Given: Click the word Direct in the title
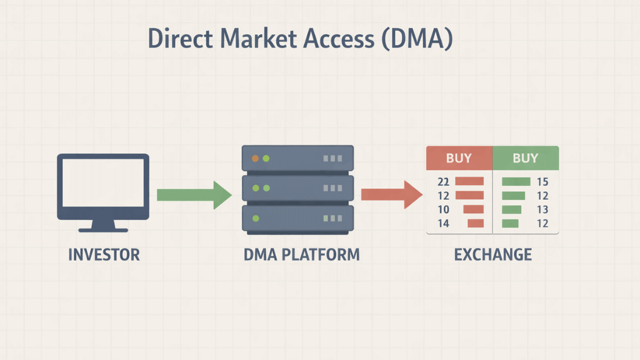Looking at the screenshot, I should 175,41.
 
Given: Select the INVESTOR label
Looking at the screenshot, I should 104,254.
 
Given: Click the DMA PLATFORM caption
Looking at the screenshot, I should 301,254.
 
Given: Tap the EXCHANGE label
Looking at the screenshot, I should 493,254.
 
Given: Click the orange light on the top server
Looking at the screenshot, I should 255,158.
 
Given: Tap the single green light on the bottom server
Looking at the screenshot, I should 255,218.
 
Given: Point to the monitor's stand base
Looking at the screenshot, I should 103,230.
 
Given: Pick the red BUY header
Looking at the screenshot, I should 459,158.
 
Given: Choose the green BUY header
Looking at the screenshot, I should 525,158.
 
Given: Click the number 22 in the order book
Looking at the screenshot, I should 443,182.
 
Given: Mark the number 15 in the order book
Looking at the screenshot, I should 542,182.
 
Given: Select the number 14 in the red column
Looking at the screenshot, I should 443,223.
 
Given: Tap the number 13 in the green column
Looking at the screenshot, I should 542,210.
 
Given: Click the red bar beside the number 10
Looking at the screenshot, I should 474,210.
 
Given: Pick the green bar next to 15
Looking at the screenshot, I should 516,182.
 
